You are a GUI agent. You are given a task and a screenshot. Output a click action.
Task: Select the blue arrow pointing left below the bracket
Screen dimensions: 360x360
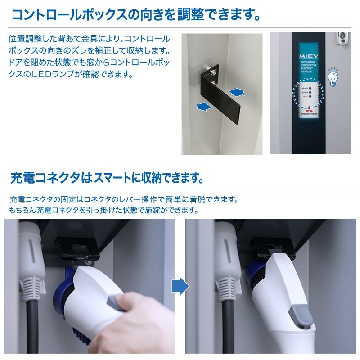pyautogui.click(x=204, y=107)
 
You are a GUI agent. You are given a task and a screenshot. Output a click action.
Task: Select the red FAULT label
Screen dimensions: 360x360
pyautogui.click(x=305, y=97)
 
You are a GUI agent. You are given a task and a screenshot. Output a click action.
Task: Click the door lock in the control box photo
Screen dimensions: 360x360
pyautogui.click(x=342, y=38)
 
